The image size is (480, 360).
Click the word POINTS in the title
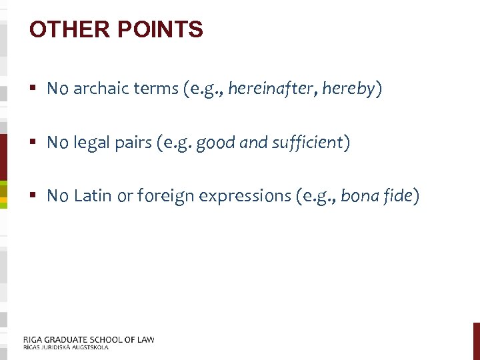(159, 29)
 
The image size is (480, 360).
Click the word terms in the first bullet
(157, 89)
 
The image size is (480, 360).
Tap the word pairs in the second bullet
(133, 142)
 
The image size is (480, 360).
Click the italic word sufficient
(307, 142)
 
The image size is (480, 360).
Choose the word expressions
(236, 195)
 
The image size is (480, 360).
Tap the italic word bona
(359, 195)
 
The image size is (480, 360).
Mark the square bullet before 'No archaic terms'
(33, 89)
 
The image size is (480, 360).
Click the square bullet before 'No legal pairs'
(33, 142)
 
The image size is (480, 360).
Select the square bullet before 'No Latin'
(33, 195)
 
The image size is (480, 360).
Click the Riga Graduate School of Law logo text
(88, 342)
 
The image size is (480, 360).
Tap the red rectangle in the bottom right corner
(476, 341)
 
